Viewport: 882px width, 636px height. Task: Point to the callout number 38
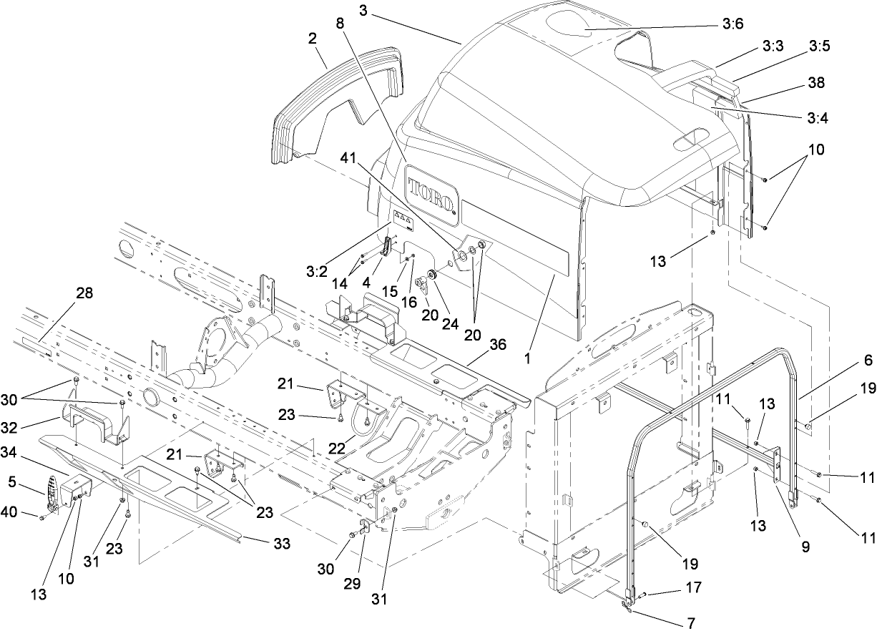tap(815, 83)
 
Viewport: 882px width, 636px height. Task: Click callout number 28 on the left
tap(85, 293)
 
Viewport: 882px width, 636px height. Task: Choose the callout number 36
tap(497, 344)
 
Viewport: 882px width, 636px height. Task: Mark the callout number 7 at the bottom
tap(691, 623)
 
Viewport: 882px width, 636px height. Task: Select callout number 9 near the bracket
tap(805, 547)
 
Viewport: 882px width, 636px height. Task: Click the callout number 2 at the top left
tap(313, 39)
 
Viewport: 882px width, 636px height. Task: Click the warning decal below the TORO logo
tap(403, 220)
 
